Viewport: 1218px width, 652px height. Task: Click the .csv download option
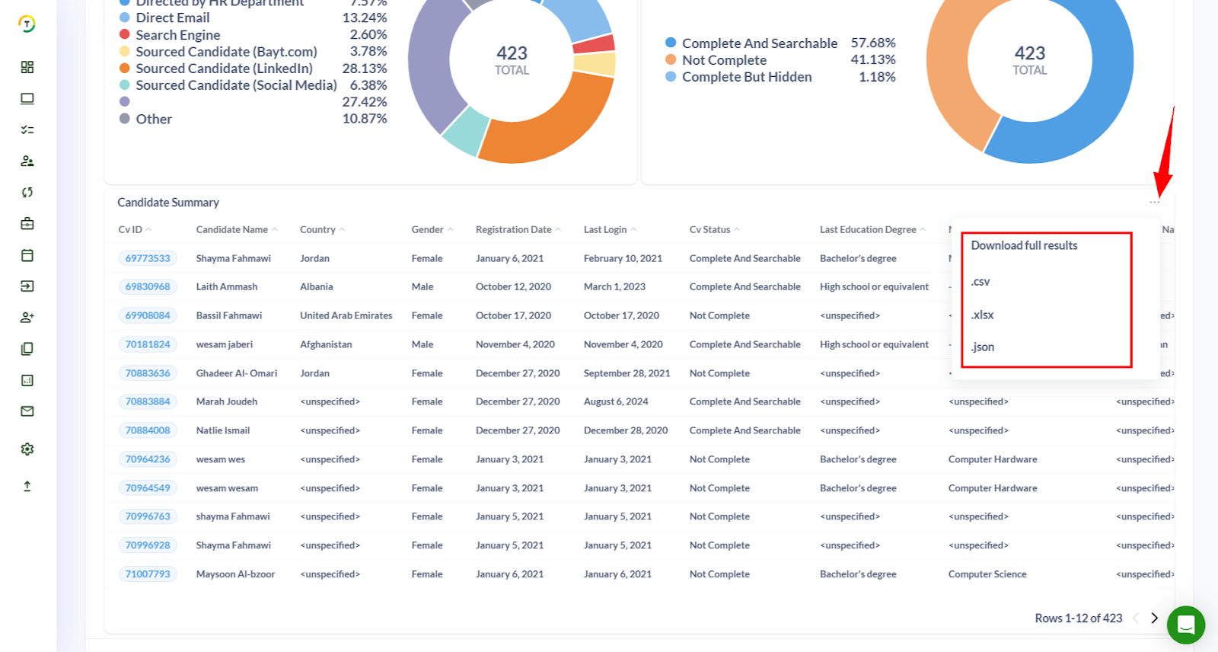980,282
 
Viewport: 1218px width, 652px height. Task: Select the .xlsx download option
983,315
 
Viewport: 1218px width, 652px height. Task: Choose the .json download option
983,347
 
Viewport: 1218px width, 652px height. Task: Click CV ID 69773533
148,258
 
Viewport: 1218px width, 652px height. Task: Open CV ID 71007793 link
148,574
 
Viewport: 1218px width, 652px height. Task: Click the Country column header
317,229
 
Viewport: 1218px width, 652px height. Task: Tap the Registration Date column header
514,229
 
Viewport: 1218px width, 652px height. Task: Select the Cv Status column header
709,229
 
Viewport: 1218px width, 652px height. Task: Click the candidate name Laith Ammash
227,287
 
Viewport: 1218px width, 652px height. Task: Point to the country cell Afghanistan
326,344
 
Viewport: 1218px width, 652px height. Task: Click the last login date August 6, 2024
616,401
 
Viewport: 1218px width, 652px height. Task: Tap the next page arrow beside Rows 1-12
1154,618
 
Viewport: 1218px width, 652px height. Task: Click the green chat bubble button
1185,625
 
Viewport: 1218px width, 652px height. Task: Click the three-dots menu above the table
1155,203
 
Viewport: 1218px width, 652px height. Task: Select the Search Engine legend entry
177,35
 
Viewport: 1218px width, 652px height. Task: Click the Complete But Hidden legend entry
746,77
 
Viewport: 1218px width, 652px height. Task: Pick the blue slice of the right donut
1081,129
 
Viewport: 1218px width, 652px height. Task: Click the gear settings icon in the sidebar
27,449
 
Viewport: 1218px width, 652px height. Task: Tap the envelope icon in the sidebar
27,411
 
